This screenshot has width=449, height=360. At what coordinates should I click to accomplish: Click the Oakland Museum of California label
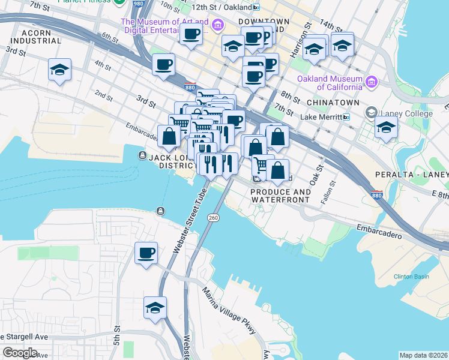(330, 83)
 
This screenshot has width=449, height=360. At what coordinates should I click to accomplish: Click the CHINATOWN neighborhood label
(335, 103)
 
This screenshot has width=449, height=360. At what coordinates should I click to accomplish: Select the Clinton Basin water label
(411, 277)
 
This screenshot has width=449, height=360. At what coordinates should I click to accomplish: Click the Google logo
(20, 353)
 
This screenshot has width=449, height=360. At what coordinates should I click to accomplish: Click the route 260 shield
(213, 217)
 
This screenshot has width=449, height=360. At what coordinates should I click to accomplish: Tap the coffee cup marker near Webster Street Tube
(146, 253)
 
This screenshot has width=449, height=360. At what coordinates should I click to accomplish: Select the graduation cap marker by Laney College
(386, 127)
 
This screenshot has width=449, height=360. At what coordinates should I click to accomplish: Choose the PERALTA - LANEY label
(411, 174)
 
